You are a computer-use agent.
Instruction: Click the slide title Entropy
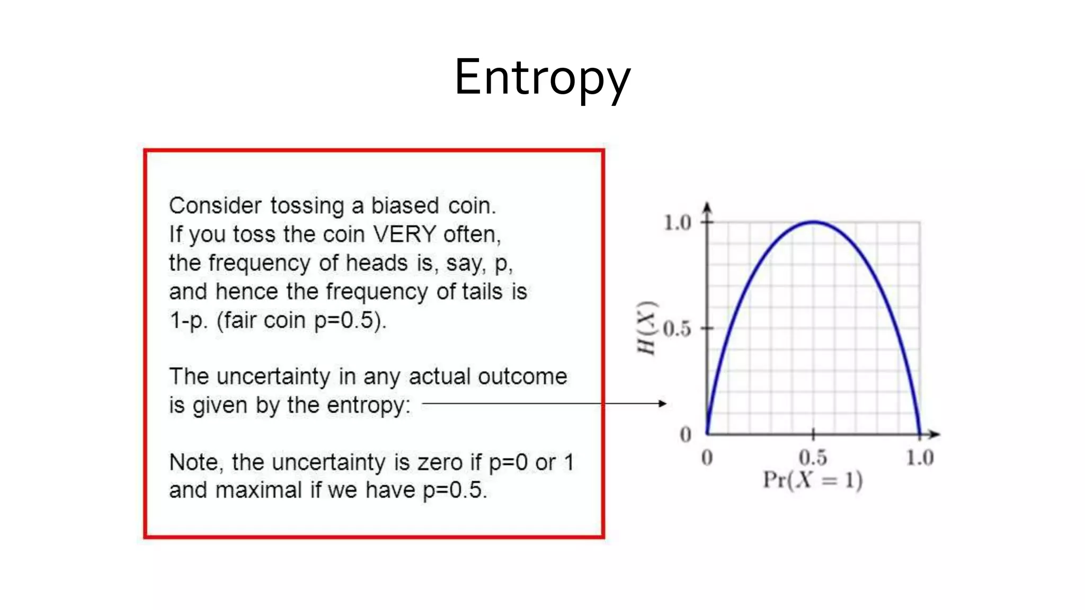pyautogui.click(x=542, y=78)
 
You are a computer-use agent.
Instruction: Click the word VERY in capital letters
pyautogui.click(x=404, y=234)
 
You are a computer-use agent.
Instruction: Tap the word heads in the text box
pyautogui.click(x=376, y=263)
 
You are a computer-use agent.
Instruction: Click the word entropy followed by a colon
pyautogui.click(x=368, y=406)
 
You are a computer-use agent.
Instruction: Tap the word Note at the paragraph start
pyautogui.click(x=193, y=462)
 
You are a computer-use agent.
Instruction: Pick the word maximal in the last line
pyautogui.click(x=259, y=490)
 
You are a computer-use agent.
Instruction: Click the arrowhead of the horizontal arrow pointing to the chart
pyautogui.click(x=662, y=403)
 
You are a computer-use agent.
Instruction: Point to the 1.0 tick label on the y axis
pyautogui.click(x=678, y=223)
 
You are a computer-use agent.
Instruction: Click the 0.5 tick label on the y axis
pyautogui.click(x=677, y=329)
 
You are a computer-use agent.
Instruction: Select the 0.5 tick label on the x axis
pyautogui.click(x=813, y=457)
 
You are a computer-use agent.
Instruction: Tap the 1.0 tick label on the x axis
pyautogui.click(x=919, y=457)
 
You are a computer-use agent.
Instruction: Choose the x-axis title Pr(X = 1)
pyautogui.click(x=813, y=480)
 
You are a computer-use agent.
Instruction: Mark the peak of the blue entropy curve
pyautogui.click(x=813, y=222)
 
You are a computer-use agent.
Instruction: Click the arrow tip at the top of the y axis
pyautogui.click(x=707, y=205)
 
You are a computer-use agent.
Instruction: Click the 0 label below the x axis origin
pyautogui.click(x=707, y=457)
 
